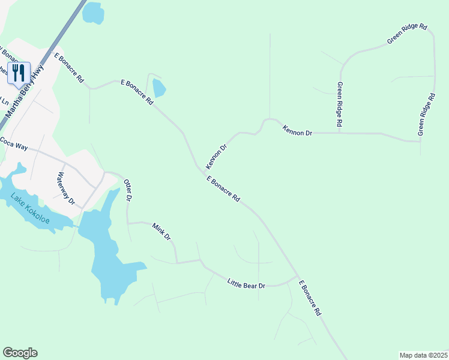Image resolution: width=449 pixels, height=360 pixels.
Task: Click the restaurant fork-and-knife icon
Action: tap(19, 73)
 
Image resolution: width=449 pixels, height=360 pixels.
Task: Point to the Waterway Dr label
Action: tap(65, 189)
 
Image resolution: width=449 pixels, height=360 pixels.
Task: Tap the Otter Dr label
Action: tap(127, 190)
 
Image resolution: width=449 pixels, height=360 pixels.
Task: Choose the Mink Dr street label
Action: tap(161, 232)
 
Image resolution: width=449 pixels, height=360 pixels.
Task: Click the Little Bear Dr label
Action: tap(246, 283)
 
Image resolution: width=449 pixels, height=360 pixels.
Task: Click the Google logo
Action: tap(20, 353)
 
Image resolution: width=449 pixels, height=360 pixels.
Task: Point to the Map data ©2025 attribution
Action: tap(423, 355)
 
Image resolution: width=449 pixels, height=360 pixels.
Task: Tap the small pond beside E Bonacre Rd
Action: tap(158, 89)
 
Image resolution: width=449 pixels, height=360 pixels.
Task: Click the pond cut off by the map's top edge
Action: tap(93, 13)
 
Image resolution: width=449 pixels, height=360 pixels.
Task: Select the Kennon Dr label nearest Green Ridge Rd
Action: tap(298, 131)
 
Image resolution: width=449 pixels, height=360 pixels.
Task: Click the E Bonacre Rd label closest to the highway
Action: tap(69, 68)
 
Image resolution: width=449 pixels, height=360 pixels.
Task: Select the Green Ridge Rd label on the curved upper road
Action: tap(407, 34)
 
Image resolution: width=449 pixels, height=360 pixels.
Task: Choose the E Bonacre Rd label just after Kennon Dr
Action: tap(223, 188)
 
